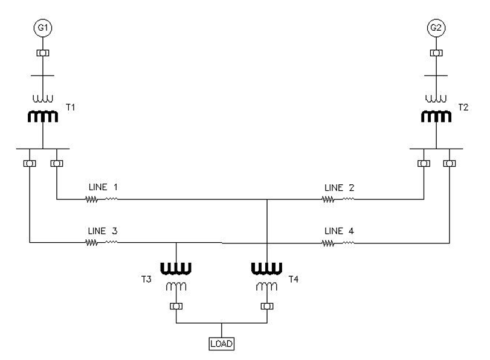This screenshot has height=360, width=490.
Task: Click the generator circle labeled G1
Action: point(43,28)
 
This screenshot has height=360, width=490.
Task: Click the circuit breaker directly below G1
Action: point(43,53)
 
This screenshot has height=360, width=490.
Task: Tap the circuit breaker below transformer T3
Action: point(176,306)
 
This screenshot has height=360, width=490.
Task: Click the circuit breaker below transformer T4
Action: point(266,306)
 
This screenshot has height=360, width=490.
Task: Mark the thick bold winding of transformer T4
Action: point(266,267)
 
